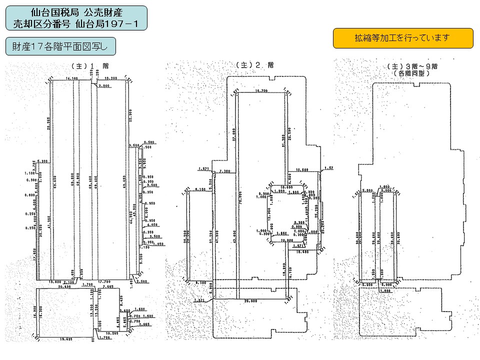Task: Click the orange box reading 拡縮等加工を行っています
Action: [x=403, y=38]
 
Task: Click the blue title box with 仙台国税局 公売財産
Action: [x=76, y=18]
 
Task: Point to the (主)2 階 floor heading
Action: [x=255, y=65]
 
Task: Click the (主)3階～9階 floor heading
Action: [x=411, y=66]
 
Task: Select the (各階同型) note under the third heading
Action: [x=411, y=73]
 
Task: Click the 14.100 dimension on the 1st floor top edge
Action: [x=72, y=79]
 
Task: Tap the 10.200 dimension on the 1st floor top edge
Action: [x=111, y=79]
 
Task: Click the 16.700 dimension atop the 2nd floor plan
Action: [x=261, y=91]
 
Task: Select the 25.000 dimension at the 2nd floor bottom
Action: [x=250, y=302]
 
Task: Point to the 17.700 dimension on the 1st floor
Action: [x=104, y=281]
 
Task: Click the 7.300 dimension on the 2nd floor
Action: [x=224, y=171]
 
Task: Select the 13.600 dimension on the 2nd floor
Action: [x=302, y=170]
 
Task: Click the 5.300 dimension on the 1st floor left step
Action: [x=42, y=161]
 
